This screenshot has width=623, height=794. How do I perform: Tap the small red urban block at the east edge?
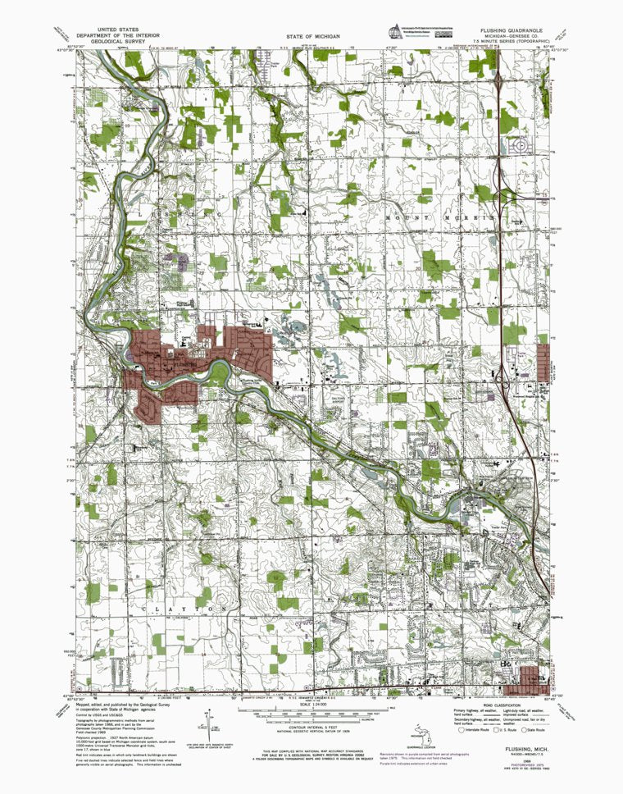(543, 361)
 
